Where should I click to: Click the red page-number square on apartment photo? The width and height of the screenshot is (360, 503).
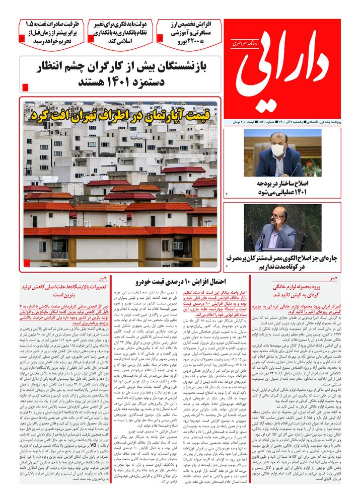point(27,263)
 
